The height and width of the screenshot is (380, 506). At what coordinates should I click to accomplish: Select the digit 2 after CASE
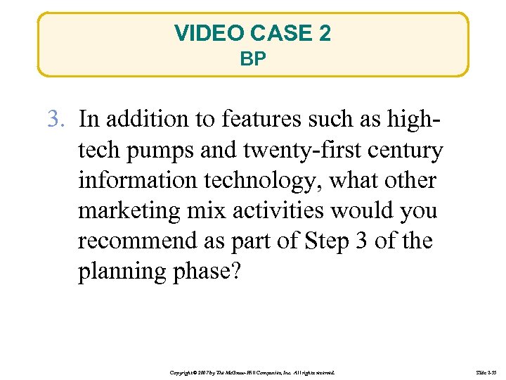click(324, 33)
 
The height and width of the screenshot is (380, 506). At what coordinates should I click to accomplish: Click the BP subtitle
click(253, 59)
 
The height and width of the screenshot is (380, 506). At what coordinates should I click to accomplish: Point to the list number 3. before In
click(57, 120)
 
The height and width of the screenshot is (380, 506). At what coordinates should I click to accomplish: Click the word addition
click(145, 120)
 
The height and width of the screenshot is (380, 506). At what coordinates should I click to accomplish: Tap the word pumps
click(159, 150)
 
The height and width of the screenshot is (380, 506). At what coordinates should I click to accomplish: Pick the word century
click(405, 150)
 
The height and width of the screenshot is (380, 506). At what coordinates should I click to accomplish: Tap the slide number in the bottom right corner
click(484, 371)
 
